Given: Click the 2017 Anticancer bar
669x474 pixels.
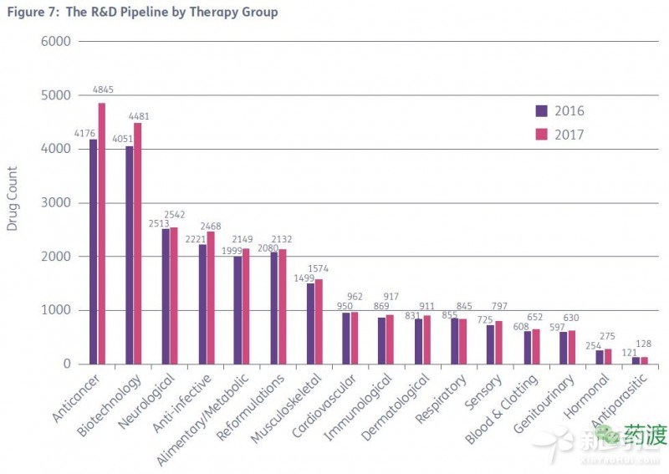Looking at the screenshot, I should (101, 233).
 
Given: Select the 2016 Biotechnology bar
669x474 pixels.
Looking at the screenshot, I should (130, 255).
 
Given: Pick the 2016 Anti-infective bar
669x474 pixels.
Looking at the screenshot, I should (202, 304).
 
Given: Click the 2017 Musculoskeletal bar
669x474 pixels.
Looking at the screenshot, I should (319, 321).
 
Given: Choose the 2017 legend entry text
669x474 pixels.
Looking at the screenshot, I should (569, 135).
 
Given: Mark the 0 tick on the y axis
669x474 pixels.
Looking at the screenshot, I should (69, 364).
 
